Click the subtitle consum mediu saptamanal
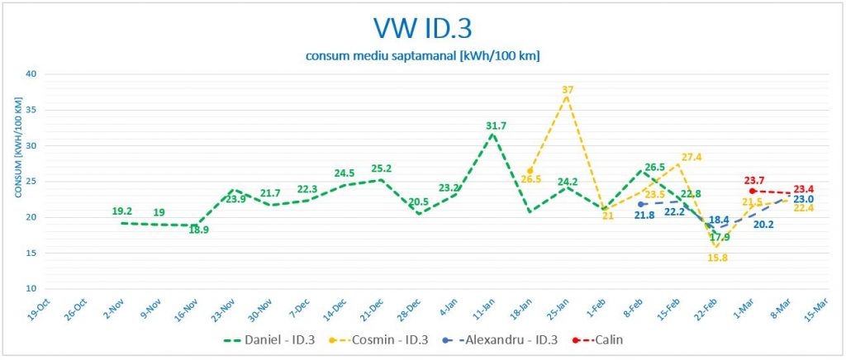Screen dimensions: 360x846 [423, 55]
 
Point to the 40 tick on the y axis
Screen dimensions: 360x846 [31, 73]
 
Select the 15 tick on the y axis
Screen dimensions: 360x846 [31, 253]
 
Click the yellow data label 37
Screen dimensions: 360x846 [568, 89]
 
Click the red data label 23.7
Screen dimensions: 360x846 [753, 180]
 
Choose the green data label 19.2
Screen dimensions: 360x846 [122, 211]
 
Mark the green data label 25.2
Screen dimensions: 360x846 [381, 168]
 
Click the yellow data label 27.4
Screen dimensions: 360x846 [692, 157]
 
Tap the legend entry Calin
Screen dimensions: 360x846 [604, 339]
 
